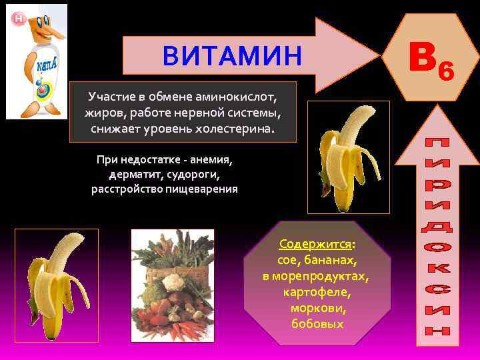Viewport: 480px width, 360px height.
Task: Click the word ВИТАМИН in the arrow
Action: click(x=232, y=55)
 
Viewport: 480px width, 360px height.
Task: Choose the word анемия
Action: click(x=213, y=160)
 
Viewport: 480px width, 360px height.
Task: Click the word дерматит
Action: click(x=131, y=175)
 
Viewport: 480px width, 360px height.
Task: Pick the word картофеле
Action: click(x=317, y=292)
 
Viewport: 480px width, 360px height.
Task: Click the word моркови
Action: click(x=317, y=308)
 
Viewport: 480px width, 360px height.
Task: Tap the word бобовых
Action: click(x=317, y=324)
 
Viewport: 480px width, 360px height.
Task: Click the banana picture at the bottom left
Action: click(x=57, y=285)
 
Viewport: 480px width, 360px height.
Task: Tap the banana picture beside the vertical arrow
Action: click(x=347, y=157)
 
